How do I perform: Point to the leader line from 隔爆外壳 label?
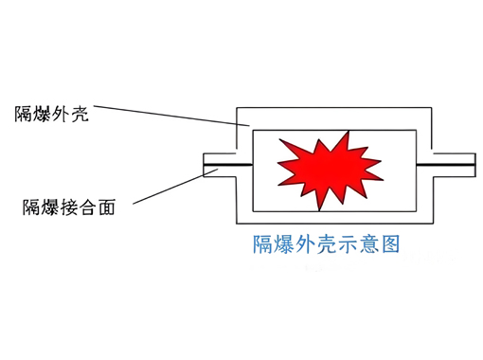click(170, 116)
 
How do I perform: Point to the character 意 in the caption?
click(364, 243)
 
